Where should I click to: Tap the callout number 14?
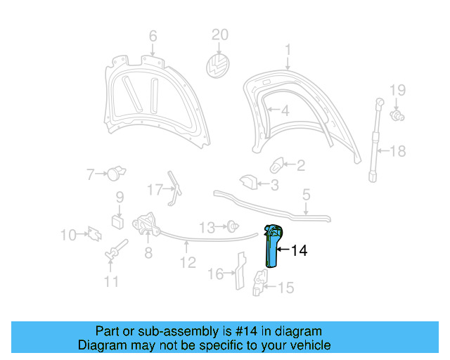coord(299,250)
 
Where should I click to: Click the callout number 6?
coord(153,37)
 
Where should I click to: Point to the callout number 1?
coord(288,49)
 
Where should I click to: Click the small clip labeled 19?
coord(399,113)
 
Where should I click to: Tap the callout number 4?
coord(284,111)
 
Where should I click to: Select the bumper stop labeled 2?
coord(277,166)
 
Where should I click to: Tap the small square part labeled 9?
coord(118,222)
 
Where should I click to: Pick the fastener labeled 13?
coord(231,226)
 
